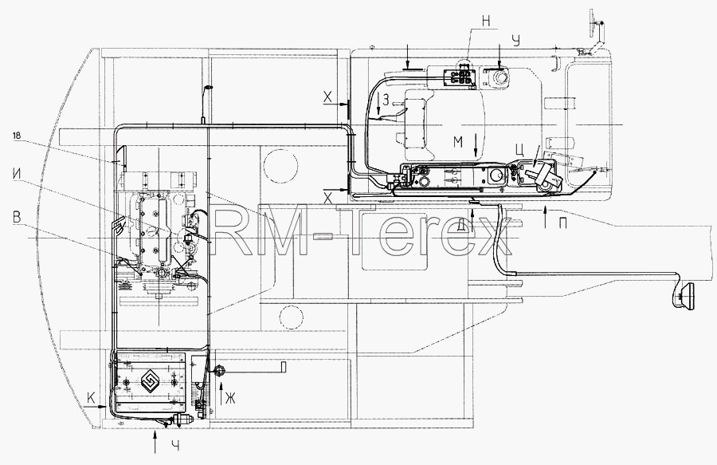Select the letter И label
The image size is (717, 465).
[x=17, y=175]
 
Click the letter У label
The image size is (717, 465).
[x=517, y=41]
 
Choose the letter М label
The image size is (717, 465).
[x=458, y=142]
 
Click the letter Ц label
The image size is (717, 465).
[x=519, y=150]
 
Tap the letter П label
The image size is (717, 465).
[x=563, y=223]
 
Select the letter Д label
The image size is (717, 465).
[x=461, y=223]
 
